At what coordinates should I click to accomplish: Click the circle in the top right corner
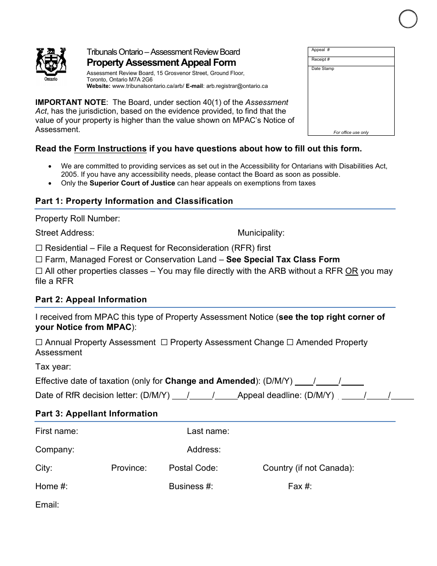point(408,19)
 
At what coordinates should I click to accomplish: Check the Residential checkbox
point(39,248)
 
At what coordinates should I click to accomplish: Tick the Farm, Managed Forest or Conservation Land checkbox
point(39,260)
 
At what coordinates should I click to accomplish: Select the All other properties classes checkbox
point(39,271)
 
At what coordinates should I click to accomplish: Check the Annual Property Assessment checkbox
point(39,342)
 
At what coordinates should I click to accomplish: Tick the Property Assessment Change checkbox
point(164,342)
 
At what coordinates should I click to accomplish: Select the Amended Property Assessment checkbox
point(290,342)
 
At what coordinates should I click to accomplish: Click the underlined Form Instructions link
point(110,149)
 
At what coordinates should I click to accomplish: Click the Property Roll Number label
point(77,219)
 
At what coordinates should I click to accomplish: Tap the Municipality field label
point(261,233)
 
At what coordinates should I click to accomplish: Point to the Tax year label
point(53,367)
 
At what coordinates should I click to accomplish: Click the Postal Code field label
point(193,468)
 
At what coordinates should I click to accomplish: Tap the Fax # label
point(300,486)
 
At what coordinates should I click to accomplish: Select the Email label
point(47,505)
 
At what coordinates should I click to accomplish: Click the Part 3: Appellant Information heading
point(96,414)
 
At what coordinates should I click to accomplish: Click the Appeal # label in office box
point(321,50)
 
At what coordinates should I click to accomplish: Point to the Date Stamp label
point(323,69)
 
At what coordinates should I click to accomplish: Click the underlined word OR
point(351,271)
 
